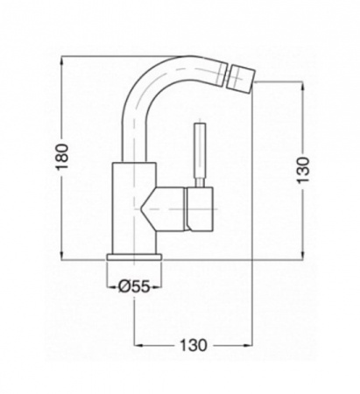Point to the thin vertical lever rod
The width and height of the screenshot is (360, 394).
pyautogui.click(x=199, y=152)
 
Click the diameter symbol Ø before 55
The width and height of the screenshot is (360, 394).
pyautogui.click(x=124, y=285)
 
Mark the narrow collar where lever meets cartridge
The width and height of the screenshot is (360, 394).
pyautogui.click(x=199, y=185)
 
